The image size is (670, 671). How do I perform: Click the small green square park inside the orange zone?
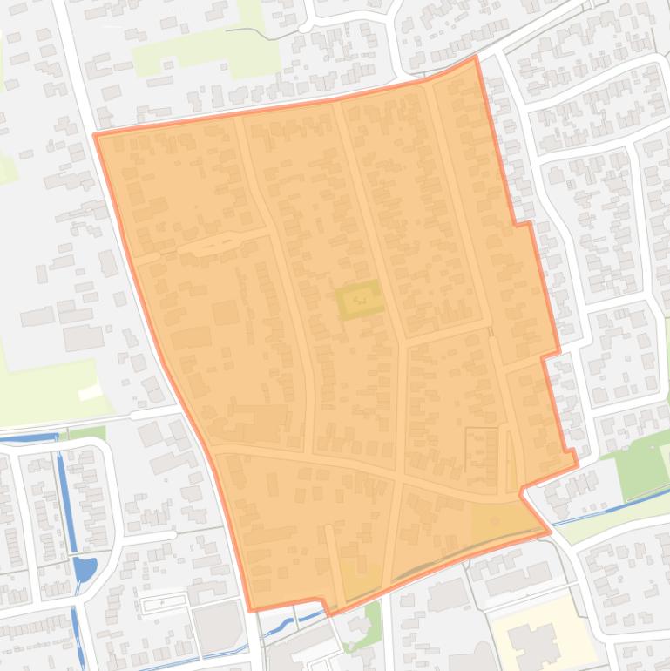(x=360, y=301)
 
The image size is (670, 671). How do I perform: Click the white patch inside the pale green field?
(x=91, y=392)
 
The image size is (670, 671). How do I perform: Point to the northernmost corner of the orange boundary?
(x=476, y=58)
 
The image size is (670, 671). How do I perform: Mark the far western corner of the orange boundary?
(x=95, y=135)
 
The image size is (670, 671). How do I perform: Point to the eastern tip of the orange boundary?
(x=576, y=462)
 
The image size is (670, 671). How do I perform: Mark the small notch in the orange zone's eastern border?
(x=522, y=224)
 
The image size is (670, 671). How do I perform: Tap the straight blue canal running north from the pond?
(x=63, y=488)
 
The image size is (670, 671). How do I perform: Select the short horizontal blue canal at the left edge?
(x=26, y=437)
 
